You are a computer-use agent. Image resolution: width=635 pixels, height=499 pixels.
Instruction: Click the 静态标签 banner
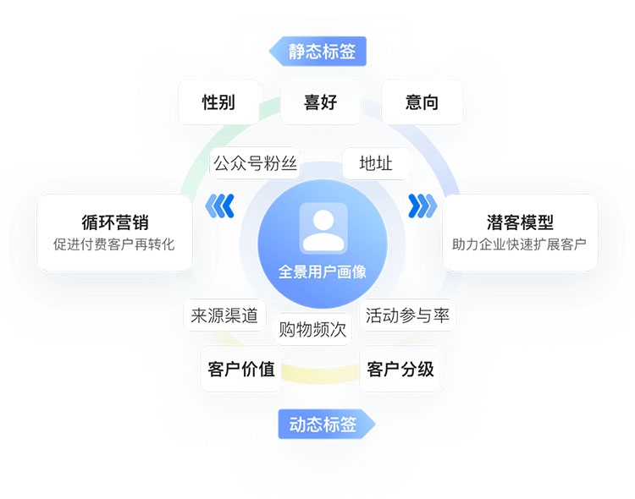(320, 52)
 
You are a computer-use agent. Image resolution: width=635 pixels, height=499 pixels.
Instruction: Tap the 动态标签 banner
(324, 425)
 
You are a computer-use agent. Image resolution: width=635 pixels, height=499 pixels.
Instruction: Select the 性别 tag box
(218, 102)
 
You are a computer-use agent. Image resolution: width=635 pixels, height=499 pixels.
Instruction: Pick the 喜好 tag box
(320, 102)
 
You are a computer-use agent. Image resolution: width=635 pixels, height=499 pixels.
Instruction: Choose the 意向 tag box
(422, 102)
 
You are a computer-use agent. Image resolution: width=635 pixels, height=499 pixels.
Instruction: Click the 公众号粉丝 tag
(255, 163)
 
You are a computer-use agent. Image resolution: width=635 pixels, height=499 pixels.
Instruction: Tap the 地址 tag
(375, 163)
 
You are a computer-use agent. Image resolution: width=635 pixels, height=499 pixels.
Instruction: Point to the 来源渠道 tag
(224, 315)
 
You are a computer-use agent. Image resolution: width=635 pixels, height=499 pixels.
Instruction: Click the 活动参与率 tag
(407, 315)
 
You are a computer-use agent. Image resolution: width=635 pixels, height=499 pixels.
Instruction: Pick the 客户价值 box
(241, 369)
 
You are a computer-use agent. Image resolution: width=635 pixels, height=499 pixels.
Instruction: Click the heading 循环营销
(114, 222)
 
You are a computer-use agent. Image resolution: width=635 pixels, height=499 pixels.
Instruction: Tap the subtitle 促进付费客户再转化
(114, 244)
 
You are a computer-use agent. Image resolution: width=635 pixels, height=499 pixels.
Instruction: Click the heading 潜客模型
(520, 222)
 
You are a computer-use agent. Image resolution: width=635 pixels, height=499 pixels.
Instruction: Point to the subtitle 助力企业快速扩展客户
(520, 244)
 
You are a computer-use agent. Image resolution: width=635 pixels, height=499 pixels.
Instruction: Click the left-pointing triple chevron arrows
(221, 205)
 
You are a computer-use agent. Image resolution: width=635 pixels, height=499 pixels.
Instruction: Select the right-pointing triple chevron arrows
(422, 205)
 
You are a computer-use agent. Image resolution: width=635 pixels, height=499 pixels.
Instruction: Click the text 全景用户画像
(323, 271)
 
